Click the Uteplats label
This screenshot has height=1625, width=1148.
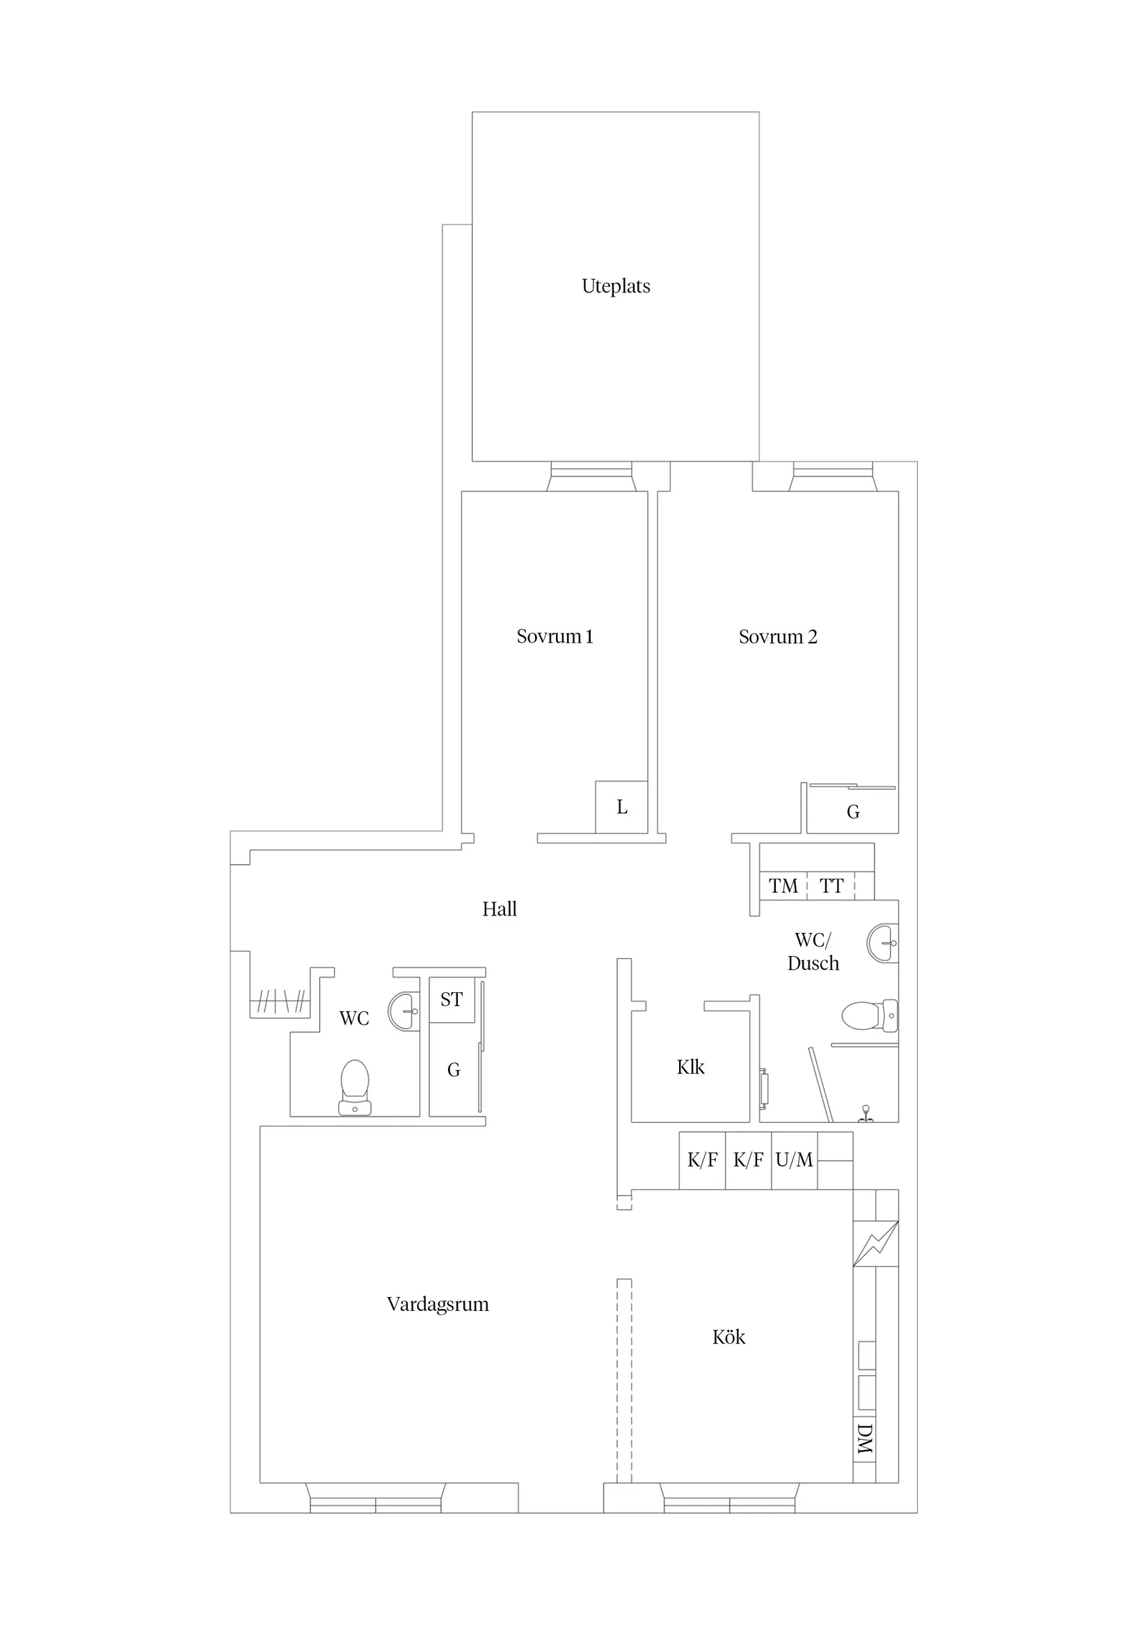tap(615, 286)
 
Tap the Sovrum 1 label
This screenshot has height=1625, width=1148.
tap(555, 636)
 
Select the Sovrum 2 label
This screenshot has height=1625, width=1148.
tap(777, 637)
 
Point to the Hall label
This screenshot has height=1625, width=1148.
tap(500, 909)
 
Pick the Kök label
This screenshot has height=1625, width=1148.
tap(728, 1337)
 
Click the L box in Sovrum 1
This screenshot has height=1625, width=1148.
tap(622, 807)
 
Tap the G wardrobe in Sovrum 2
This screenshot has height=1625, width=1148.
tap(853, 812)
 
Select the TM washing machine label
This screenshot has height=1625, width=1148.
tap(783, 886)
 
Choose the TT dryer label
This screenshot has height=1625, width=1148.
tap(832, 886)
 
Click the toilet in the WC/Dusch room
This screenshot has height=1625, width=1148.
tap(869, 1016)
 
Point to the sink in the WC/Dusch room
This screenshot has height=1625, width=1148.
tap(883, 943)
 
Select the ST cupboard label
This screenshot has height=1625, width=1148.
tap(452, 999)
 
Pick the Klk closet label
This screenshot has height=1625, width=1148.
tap(690, 1067)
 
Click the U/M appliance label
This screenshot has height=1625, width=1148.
tap(794, 1160)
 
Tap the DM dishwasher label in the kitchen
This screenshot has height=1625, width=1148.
tap(864, 1439)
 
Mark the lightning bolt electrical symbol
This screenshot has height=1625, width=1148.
tap(876, 1243)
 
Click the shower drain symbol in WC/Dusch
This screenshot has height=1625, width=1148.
tap(865, 1113)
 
